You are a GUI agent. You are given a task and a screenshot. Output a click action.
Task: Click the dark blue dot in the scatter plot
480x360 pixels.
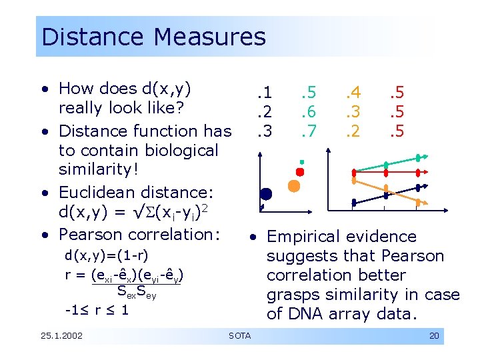(x=266, y=195)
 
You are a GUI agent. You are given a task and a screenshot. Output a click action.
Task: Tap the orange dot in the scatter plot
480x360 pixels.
(x=293, y=185)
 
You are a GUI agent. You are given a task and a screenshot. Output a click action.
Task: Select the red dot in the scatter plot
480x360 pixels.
(x=300, y=172)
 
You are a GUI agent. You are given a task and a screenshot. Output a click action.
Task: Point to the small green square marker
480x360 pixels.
(x=301, y=162)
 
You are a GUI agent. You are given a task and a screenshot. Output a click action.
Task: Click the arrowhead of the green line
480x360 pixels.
(x=418, y=157)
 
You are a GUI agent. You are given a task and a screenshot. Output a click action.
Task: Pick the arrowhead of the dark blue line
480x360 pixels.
(x=418, y=187)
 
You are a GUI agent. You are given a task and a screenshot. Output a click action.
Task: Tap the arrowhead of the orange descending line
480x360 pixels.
(x=418, y=201)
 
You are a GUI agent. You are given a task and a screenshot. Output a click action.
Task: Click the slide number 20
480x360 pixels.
(x=434, y=336)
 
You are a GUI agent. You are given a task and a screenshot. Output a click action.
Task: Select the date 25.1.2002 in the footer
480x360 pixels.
(x=61, y=335)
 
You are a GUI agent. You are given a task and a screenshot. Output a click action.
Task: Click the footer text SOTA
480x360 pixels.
(x=239, y=335)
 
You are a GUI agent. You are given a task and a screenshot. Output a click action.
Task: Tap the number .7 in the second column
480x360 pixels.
(x=307, y=131)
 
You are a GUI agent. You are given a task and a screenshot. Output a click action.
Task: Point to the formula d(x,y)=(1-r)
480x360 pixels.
(x=106, y=255)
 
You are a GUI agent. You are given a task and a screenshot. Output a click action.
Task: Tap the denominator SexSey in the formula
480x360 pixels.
(x=136, y=291)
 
